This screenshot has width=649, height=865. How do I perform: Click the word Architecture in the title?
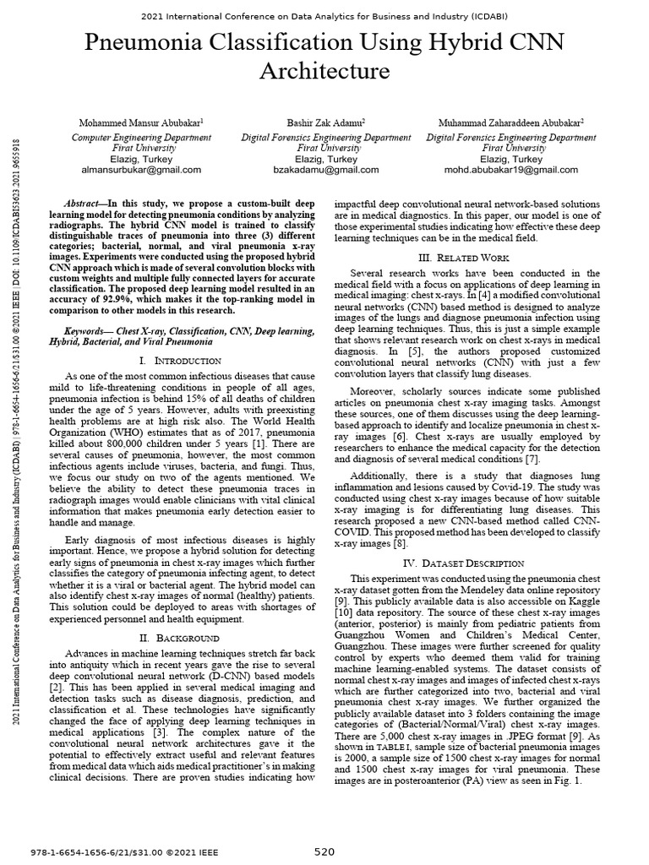(x=324, y=70)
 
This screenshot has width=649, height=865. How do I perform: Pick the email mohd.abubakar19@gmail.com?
(x=511, y=170)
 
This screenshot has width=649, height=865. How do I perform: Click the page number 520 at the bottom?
(x=325, y=851)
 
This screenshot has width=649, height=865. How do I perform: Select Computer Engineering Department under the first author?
(x=141, y=137)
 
